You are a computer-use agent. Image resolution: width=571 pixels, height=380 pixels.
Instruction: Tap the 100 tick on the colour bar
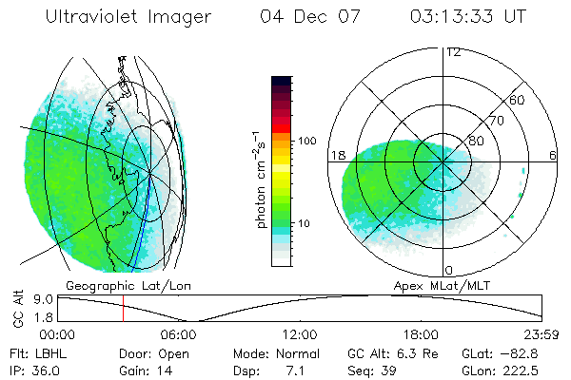(307, 141)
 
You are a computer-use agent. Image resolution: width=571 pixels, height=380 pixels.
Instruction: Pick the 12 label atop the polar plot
(453, 52)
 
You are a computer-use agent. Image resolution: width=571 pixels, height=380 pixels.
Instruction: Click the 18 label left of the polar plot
(336, 155)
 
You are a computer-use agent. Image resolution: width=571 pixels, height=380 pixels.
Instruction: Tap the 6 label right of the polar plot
(553, 155)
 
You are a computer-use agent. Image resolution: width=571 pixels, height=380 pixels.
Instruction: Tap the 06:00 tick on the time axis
(179, 334)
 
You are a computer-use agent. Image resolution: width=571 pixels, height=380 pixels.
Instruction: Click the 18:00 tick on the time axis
(421, 334)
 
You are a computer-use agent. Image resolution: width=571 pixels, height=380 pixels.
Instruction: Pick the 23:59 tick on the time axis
(541, 334)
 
